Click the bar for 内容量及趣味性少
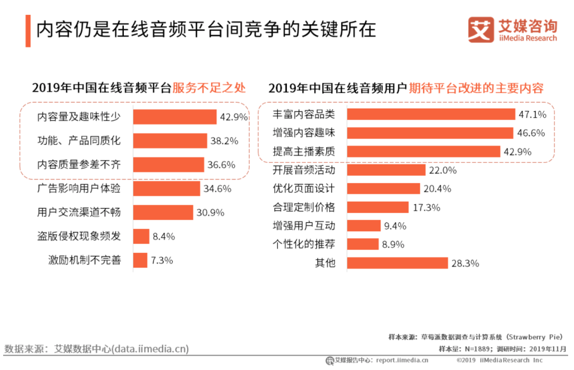point(174,117)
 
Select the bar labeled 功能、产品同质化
point(170,141)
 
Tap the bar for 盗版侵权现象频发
point(141,236)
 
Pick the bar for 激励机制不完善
point(140,260)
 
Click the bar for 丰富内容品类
point(430,114)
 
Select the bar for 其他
point(397,263)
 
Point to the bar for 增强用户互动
point(364,226)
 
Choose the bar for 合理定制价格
point(377,207)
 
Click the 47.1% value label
point(531,114)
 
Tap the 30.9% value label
point(210,212)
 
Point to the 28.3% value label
point(466,263)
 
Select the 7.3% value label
point(162,260)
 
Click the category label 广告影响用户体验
point(79,188)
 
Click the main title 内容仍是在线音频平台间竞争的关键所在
point(206,29)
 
